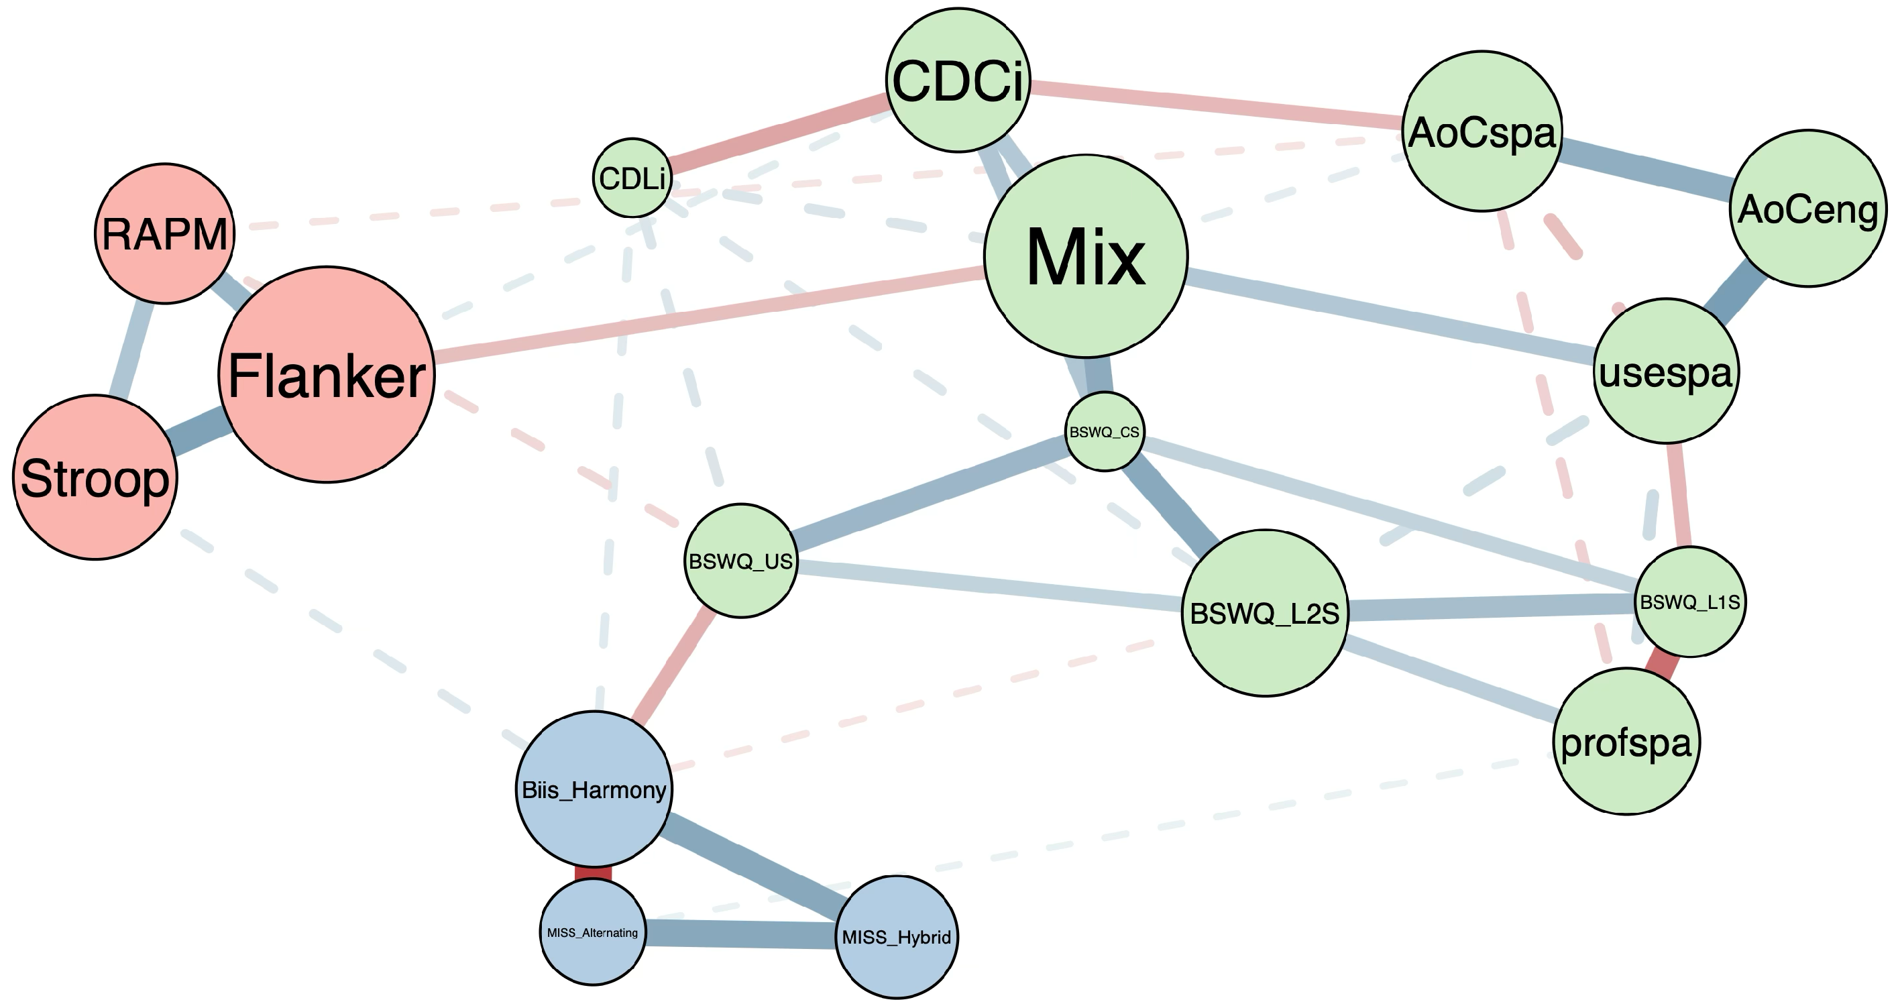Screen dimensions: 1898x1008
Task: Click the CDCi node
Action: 958,80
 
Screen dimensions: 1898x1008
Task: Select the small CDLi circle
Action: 632,178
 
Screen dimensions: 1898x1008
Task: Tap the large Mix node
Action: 1086,256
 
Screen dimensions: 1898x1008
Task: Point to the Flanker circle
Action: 327,374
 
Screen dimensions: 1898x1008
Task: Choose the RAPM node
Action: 165,233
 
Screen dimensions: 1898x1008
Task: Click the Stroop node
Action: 95,478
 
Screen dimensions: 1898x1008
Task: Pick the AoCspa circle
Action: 1482,131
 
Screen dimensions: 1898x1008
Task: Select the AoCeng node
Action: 1808,209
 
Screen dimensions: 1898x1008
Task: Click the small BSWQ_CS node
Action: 1105,432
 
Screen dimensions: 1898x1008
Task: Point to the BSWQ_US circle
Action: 741,561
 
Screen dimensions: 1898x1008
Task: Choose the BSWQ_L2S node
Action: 1265,613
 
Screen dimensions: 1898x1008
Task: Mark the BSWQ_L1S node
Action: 1690,602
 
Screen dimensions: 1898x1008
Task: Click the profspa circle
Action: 1627,741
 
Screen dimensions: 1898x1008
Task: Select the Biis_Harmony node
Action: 594,789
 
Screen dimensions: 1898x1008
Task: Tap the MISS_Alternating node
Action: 593,932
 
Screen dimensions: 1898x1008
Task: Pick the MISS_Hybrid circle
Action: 897,938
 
